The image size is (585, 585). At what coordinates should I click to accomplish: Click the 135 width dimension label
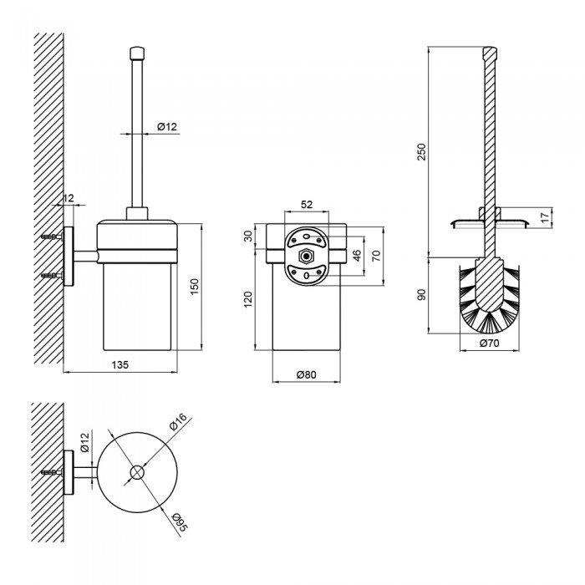[x=120, y=364]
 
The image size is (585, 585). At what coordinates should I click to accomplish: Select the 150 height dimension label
[x=195, y=287]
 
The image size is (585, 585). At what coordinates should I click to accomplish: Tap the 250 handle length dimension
[x=421, y=151]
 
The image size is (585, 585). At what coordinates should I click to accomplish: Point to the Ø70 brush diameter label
[x=490, y=343]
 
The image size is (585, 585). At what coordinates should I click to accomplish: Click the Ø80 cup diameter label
[x=307, y=374]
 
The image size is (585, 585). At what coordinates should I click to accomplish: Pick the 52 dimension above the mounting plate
[x=307, y=204]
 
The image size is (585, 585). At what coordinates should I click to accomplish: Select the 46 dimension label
[x=357, y=256]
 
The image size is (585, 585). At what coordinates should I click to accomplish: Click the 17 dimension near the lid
[x=545, y=217]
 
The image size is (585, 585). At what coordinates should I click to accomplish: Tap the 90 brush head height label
[x=421, y=295]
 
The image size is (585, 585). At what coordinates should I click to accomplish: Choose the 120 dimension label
[x=247, y=299]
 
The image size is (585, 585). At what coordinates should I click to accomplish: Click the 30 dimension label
[x=247, y=236]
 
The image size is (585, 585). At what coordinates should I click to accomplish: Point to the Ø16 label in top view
[x=177, y=422]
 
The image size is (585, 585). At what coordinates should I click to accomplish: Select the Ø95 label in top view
[x=180, y=521]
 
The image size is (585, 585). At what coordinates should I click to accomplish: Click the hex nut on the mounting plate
[x=307, y=257]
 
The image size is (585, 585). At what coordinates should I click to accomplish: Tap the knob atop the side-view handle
[x=137, y=53]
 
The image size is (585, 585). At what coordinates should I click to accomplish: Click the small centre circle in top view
[x=137, y=472]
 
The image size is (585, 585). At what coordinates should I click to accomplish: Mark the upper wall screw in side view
[x=52, y=237]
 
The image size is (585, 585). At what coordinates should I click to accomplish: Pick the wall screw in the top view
[x=52, y=472]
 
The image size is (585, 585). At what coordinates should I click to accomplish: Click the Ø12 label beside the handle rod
[x=167, y=126]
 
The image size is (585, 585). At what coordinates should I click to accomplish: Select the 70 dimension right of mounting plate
[x=376, y=256]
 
